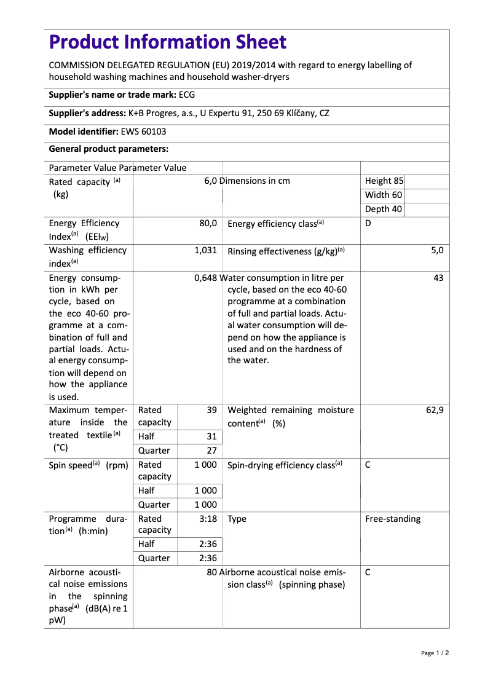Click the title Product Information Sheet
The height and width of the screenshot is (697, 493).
[167, 42]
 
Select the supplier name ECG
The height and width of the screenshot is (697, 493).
[187, 95]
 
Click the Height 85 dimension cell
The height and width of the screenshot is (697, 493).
[384, 181]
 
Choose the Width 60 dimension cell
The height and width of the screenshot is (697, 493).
[384, 195]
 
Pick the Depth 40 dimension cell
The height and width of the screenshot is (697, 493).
[384, 209]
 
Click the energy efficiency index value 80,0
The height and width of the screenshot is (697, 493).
[208, 223]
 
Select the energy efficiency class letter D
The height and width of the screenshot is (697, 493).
[368, 223]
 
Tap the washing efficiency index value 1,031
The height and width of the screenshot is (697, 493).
[205, 250]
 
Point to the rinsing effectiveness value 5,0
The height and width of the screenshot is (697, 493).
[437, 250]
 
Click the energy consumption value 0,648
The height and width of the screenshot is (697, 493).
[205, 278]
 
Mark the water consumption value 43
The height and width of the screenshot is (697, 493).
[438, 278]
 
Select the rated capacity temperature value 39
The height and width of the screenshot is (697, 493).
[211, 410]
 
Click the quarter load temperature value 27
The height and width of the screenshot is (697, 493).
[211, 451]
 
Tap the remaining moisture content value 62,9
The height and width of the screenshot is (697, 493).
[435, 410]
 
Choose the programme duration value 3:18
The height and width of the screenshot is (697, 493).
[208, 519]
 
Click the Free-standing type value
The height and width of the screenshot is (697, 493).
[393, 519]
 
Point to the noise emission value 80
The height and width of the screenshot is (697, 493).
[212, 572]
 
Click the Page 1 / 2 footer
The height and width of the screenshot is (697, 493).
[435, 653]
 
